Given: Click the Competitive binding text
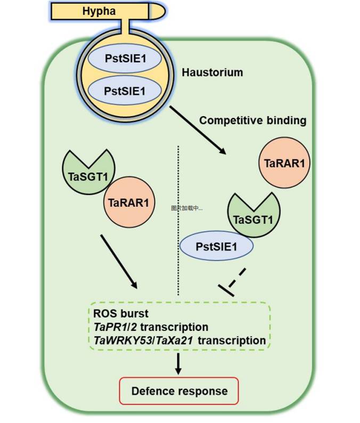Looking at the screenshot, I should click(x=253, y=120).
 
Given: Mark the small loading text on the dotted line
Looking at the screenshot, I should click(x=186, y=208).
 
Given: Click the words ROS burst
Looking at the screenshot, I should click(x=118, y=313).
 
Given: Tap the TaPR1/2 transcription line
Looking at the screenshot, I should click(x=150, y=326).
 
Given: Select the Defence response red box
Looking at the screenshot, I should click(x=179, y=391).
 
